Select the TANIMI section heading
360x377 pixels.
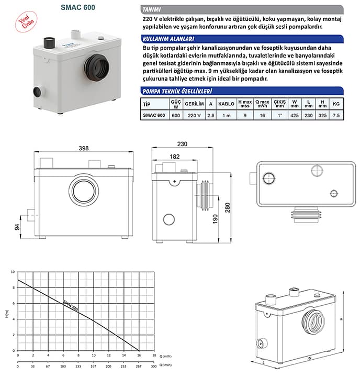click(x=153, y=9)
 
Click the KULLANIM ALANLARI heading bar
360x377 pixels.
click(x=169, y=39)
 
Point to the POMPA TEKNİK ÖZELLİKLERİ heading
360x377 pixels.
click(x=176, y=91)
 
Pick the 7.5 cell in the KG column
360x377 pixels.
click(x=336, y=115)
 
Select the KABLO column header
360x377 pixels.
click(x=226, y=104)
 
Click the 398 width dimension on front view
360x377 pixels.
click(x=83, y=149)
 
